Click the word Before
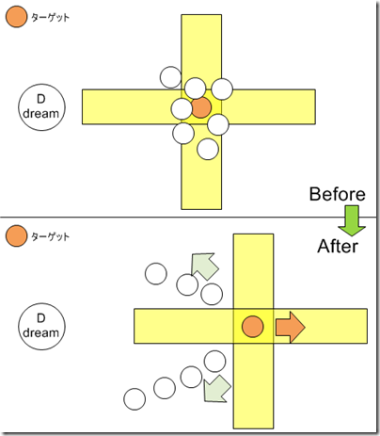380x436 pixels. coord(338,194)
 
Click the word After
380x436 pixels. coord(338,247)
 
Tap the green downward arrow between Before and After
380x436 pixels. coord(352,220)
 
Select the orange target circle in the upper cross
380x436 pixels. coord(200,107)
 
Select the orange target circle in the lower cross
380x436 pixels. coord(252,327)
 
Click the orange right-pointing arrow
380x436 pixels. coord(291,327)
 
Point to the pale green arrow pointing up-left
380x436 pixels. coord(204,266)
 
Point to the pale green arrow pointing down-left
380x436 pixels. coord(216,389)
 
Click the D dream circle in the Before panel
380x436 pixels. coord(41,107)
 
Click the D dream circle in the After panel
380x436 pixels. coord(41,327)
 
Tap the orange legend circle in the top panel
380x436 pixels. coord(16,17)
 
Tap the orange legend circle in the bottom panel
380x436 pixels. coord(16,235)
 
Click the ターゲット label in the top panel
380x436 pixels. coord(50,18)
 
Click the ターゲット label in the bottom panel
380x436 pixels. coord(50,236)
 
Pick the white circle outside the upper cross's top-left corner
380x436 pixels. coord(170,77)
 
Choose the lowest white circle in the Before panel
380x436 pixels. coord(208,149)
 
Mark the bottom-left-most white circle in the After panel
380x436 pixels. coord(135,399)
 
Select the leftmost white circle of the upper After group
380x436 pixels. coord(156,274)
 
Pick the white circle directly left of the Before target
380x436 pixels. coord(182,108)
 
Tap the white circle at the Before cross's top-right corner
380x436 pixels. coord(222,89)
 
